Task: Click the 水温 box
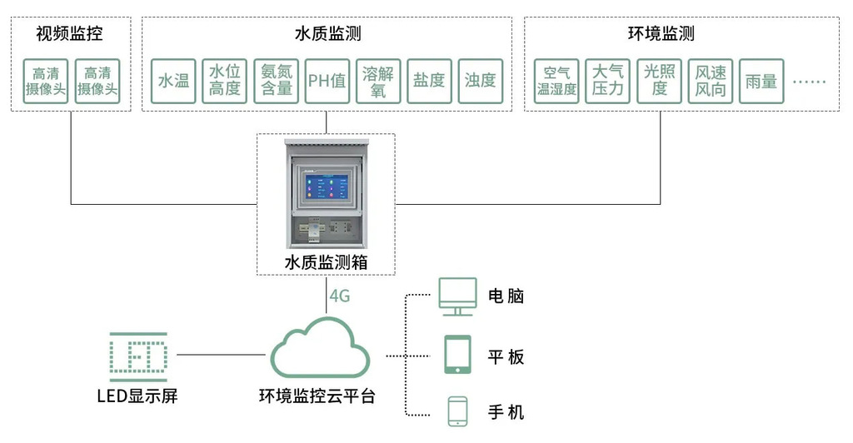pyautogui.click(x=174, y=81)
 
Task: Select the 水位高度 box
pyautogui.click(x=225, y=81)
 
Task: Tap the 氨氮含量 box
pyautogui.click(x=276, y=81)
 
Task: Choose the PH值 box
pyautogui.click(x=327, y=81)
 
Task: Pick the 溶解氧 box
pyautogui.click(x=378, y=81)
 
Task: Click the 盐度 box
pyautogui.click(x=429, y=81)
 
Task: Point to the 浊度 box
pyautogui.click(x=481, y=81)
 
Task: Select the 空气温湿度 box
pyautogui.click(x=556, y=81)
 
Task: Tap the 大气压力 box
pyautogui.click(x=607, y=81)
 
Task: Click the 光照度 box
pyautogui.click(x=659, y=81)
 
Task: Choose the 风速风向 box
pyautogui.click(x=710, y=81)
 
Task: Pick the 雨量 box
pyautogui.click(x=761, y=81)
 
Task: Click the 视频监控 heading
pyautogui.click(x=70, y=34)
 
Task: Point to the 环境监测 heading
pyautogui.click(x=661, y=34)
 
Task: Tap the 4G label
pyautogui.click(x=339, y=296)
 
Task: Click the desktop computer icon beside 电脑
pyautogui.click(x=457, y=296)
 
